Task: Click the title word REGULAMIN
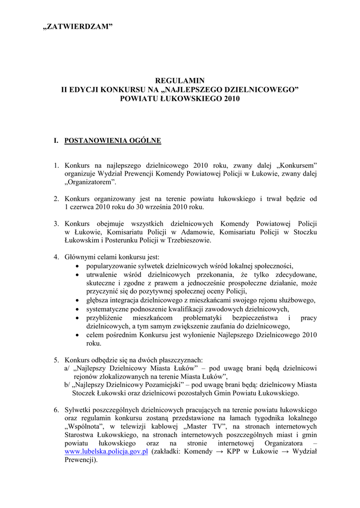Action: [180, 80]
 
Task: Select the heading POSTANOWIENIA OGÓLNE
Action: [113, 141]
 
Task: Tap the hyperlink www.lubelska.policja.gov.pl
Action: [107, 451]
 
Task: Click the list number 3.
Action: [57, 224]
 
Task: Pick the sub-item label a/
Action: [68, 368]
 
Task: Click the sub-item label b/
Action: [68, 385]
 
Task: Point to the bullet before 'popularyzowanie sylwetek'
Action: [76, 266]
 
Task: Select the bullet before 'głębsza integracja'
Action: [76, 300]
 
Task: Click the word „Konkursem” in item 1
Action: [295, 165]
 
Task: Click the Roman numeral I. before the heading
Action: [57, 141]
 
